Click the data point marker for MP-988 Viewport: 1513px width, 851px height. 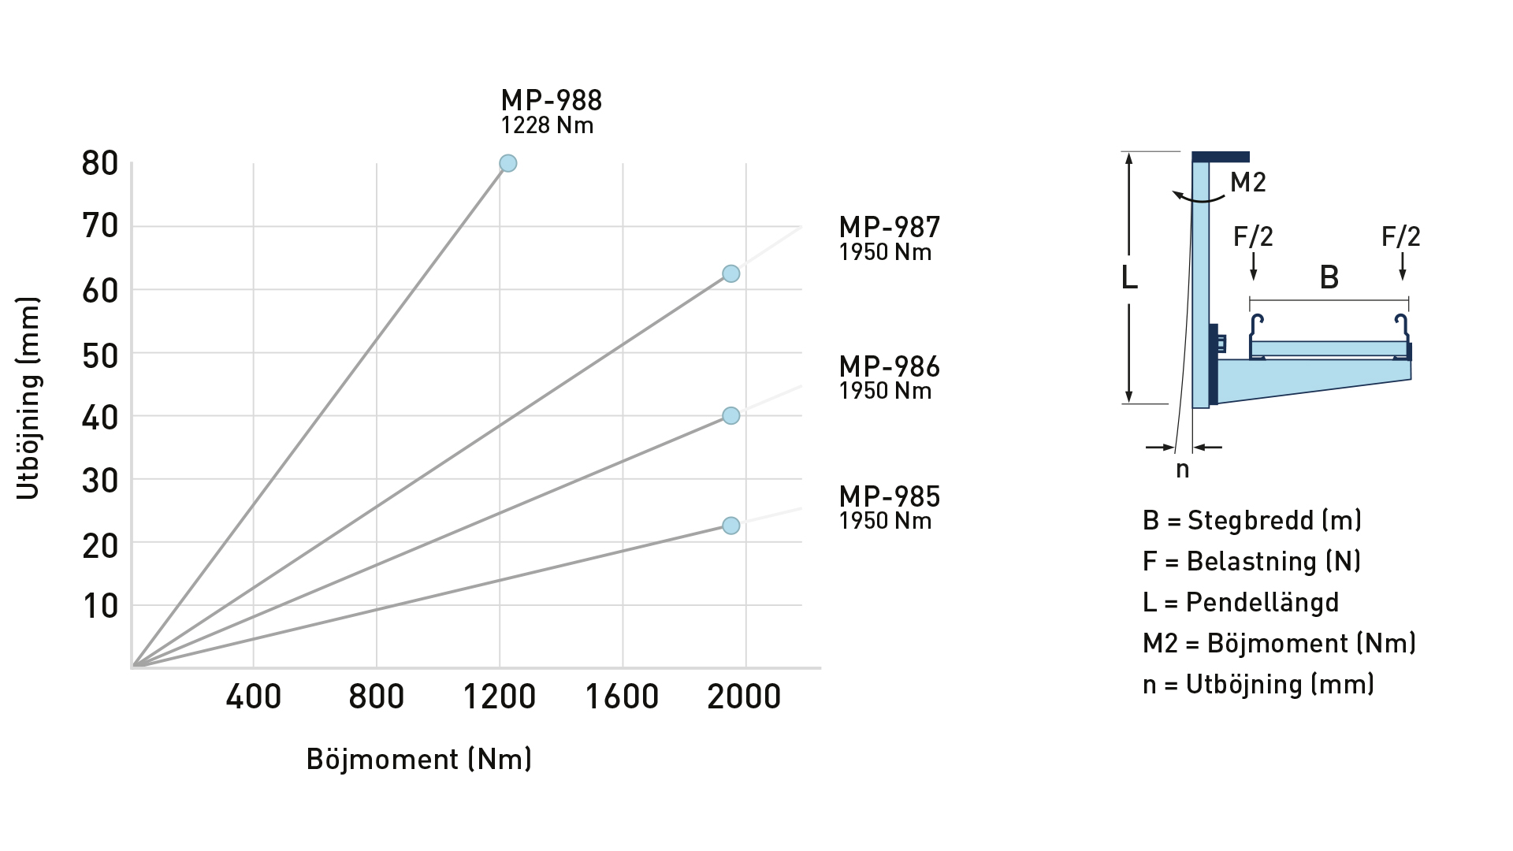tap(508, 163)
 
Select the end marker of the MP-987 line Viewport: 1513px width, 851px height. tap(731, 273)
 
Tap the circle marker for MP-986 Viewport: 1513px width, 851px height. tap(731, 415)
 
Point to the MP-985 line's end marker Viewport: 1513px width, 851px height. tap(731, 526)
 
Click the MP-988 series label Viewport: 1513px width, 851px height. tap(551, 101)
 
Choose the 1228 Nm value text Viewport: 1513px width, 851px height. tap(547, 126)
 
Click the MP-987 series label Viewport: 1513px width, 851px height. tap(889, 228)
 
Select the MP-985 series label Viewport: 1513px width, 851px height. tap(889, 497)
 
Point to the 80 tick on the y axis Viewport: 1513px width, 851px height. tap(100, 164)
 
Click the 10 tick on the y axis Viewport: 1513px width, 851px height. tap(100, 607)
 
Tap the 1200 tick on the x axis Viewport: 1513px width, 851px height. tap(499, 697)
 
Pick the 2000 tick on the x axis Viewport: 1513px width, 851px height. tap(744, 697)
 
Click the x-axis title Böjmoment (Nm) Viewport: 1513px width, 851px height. tap(418, 759)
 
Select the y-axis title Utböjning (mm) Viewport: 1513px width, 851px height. tap(28, 398)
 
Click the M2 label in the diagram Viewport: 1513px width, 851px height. tap(1248, 183)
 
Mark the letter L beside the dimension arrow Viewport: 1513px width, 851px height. tap(1129, 278)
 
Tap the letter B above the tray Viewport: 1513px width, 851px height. tap(1329, 277)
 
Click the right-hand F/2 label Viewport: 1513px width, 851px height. tap(1401, 236)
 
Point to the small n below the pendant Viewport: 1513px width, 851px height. tap(1182, 470)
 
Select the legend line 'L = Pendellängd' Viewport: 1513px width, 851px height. tap(1240, 603)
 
